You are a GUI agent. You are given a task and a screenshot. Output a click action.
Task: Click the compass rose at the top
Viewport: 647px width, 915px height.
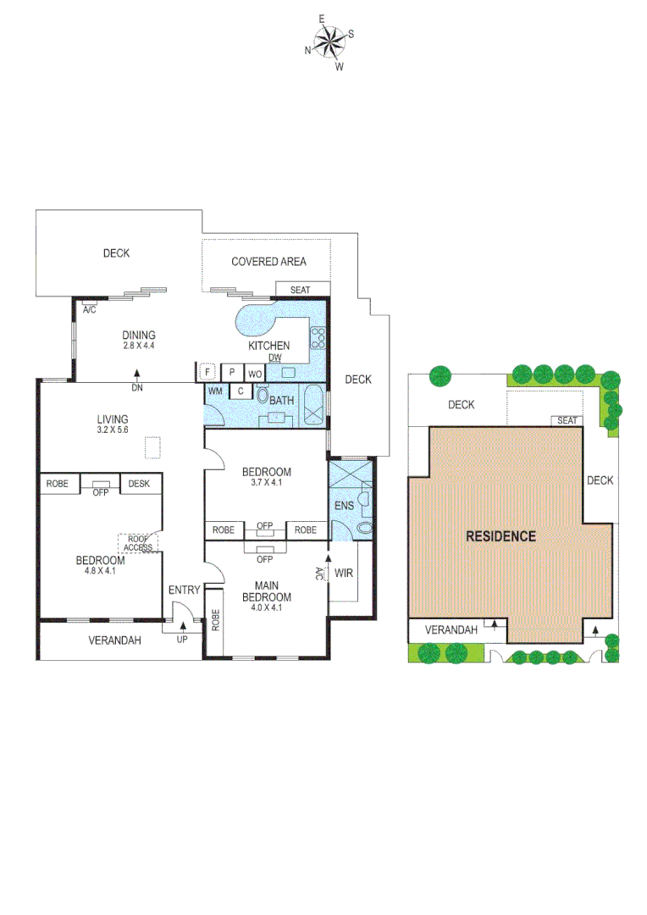click(x=329, y=41)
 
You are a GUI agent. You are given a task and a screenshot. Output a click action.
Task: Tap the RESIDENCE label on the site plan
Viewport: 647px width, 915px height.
click(x=500, y=535)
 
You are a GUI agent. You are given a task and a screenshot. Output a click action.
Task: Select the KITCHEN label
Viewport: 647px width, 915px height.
click(x=268, y=346)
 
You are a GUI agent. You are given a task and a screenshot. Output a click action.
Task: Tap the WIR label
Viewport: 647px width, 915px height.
click(x=344, y=574)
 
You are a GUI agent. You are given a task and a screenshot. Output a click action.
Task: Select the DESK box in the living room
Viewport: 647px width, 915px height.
click(x=141, y=484)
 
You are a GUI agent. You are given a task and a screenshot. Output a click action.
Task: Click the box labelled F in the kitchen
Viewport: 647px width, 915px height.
click(x=207, y=372)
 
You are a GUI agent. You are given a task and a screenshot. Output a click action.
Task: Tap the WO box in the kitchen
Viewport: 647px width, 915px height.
click(x=254, y=373)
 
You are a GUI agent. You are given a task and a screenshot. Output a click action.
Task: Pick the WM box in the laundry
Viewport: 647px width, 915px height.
click(x=215, y=391)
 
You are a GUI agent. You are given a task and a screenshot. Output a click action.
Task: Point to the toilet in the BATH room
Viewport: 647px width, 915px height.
click(x=262, y=395)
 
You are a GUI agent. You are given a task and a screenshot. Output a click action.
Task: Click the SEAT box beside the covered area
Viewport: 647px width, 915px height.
click(x=301, y=290)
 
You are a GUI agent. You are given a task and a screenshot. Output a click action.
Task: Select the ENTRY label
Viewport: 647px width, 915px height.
click(x=184, y=591)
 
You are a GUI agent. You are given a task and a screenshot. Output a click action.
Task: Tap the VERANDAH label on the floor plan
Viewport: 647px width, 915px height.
click(x=114, y=640)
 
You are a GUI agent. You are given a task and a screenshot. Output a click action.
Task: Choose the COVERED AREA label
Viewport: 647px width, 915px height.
click(x=268, y=262)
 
